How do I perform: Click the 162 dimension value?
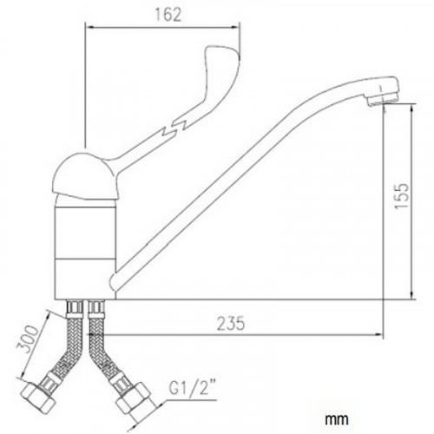[x=168, y=15]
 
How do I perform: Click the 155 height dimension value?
[x=402, y=195]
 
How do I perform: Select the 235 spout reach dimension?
[x=231, y=324]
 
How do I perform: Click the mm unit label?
[x=337, y=418]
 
